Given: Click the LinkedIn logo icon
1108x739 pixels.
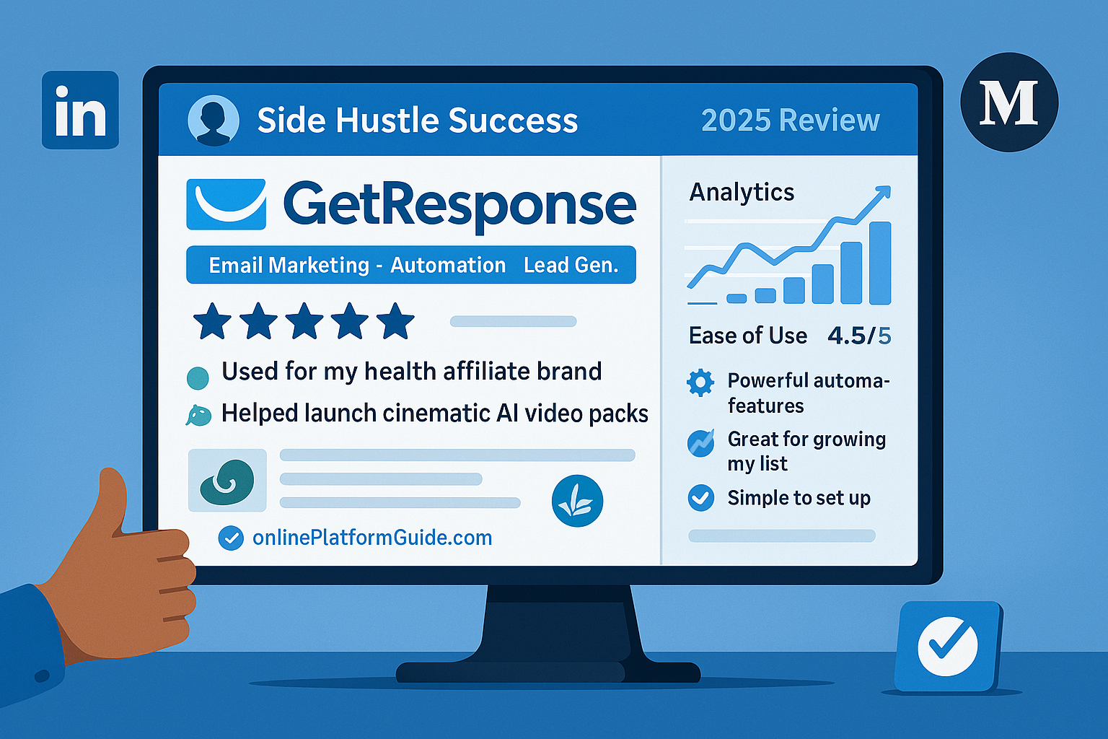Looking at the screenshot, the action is pyautogui.click(x=80, y=110).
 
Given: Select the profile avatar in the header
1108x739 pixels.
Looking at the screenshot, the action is pyautogui.click(x=214, y=121).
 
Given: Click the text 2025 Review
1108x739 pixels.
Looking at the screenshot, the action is pyautogui.click(x=791, y=121).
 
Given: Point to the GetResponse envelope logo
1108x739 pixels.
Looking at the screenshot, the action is pyautogui.click(x=226, y=204).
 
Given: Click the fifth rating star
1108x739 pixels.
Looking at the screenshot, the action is pyautogui.click(x=395, y=320).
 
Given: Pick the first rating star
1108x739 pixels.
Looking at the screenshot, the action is pyautogui.click(x=212, y=320).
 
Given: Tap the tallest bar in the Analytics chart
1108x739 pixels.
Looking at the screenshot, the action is pyautogui.click(x=880, y=263).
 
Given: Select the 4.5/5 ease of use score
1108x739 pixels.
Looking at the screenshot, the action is pyautogui.click(x=859, y=336).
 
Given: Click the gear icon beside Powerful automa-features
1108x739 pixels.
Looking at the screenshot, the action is pyautogui.click(x=700, y=382).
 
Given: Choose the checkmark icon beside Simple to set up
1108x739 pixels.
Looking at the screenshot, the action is pyautogui.click(x=701, y=497).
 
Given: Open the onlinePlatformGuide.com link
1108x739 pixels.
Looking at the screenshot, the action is pyautogui.click(x=372, y=538).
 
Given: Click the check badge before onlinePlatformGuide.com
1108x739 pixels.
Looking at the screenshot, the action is pyautogui.click(x=231, y=538).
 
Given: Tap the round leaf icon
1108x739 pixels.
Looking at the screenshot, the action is pyautogui.click(x=577, y=500).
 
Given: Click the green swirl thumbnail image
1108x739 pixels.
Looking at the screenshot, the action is pyautogui.click(x=227, y=481).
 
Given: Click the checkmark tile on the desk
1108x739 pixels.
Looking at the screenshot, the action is pyautogui.click(x=947, y=646).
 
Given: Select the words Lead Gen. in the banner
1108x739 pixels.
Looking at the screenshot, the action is pyautogui.click(x=571, y=266).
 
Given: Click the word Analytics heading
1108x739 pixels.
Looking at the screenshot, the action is pyautogui.click(x=742, y=192).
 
